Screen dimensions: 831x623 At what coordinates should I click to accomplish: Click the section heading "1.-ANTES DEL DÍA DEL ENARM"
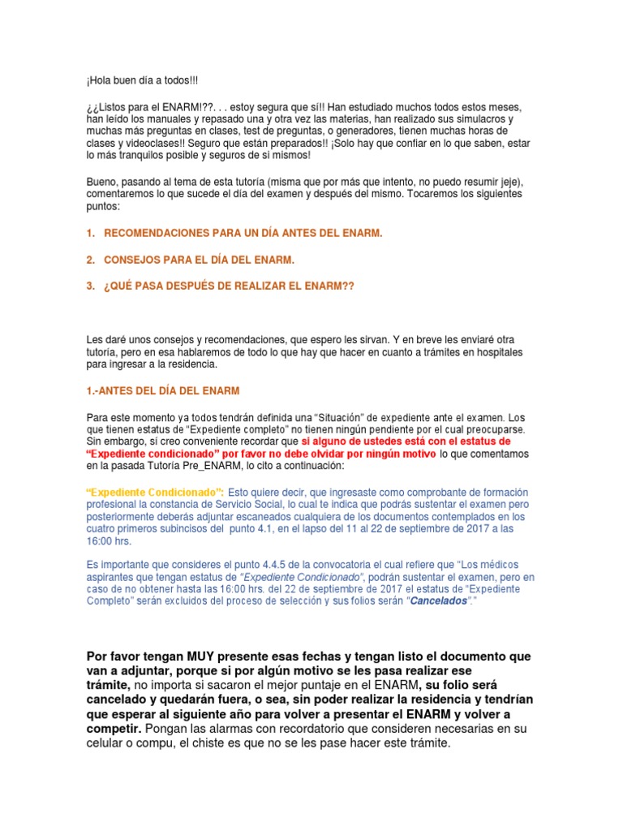pyautogui.click(x=163, y=390)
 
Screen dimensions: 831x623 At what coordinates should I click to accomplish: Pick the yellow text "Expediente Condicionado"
pyautogui.click(x=154, y=493)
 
